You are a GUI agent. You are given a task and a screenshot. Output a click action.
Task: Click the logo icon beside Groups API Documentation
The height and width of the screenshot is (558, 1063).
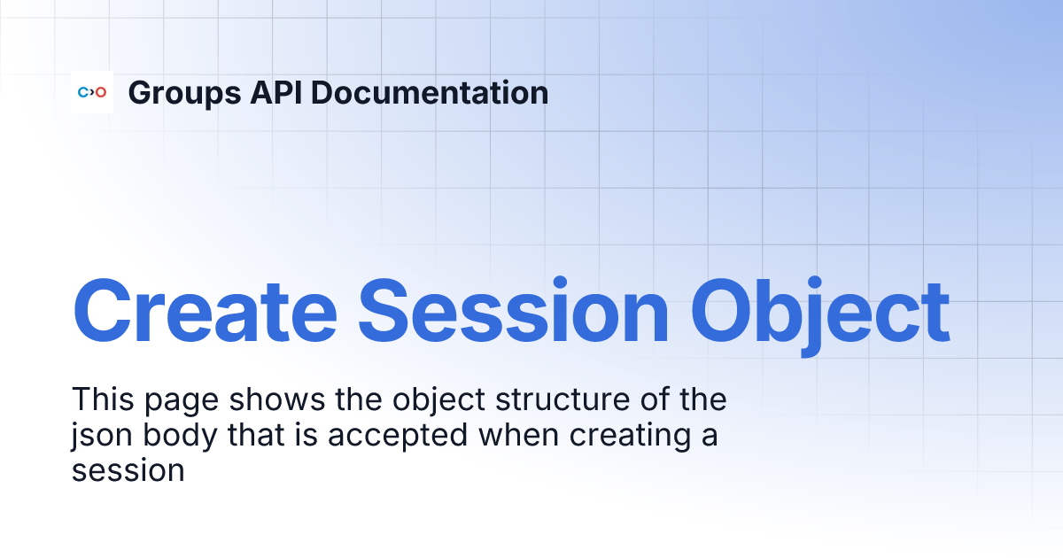point(92,92)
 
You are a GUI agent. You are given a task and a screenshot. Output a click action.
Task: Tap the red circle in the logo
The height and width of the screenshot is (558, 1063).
point(101,92)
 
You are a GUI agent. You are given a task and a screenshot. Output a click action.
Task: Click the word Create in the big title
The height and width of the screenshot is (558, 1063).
point(205,312)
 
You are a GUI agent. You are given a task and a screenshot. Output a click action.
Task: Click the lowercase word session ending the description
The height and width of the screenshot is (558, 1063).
point(128,470)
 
